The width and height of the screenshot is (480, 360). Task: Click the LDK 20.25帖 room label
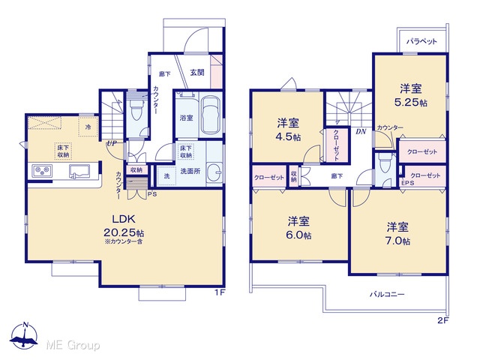[x=124, y=226]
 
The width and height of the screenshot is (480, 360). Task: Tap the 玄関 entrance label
[x=196, y=73]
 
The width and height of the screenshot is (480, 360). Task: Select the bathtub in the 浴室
[x=211, y=115]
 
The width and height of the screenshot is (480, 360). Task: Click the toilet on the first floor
[x=136, y=109]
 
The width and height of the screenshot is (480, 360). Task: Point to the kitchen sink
[x=79, y=171]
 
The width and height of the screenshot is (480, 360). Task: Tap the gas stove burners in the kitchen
[x=42, y=171]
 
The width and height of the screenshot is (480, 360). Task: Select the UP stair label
[x=112, y=143]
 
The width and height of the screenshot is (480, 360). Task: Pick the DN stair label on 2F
[x=361, y=132]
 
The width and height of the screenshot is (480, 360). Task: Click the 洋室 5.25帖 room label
[x=411, y=95]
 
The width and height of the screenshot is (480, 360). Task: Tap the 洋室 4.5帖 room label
[x=288, y=130]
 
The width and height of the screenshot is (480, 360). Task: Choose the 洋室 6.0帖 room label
[x=298, y=228]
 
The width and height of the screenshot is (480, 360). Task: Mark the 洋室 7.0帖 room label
[x=397, y=234]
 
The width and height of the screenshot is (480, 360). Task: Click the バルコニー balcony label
[x=387, y=295]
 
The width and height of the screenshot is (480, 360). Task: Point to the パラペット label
[x=421, y=41]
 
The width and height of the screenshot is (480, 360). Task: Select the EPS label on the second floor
[x=407, y=183]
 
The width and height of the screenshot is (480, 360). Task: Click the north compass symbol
[x=24, y=336]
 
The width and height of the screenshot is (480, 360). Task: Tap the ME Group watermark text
[x=73, y=345]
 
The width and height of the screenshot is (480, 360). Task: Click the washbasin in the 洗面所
[x=214, y=173]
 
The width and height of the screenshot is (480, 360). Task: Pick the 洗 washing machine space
[x=166, y=175]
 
